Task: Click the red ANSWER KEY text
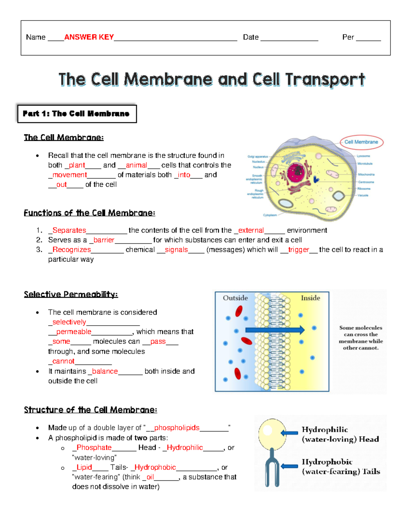tap(89, 37)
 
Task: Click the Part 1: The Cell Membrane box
tap(77, 114)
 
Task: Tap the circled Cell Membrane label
tap(361, 142)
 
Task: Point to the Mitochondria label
tap(366, 174)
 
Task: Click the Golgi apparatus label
tap(258, 157)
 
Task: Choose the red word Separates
tap(69, 230)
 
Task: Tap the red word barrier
tap(104, 240)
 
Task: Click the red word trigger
tap(298, 250)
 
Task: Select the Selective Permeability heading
tap(71, 294)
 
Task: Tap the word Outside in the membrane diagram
tap(235, 298)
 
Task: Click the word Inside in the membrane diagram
tap(310, 298)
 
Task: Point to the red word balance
tap(105, 371)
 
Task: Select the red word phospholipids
tap(177, 427)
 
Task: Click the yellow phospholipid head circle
tap(272, 434)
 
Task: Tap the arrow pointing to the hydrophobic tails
tap(289, 466)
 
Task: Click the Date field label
tap(250, 37)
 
